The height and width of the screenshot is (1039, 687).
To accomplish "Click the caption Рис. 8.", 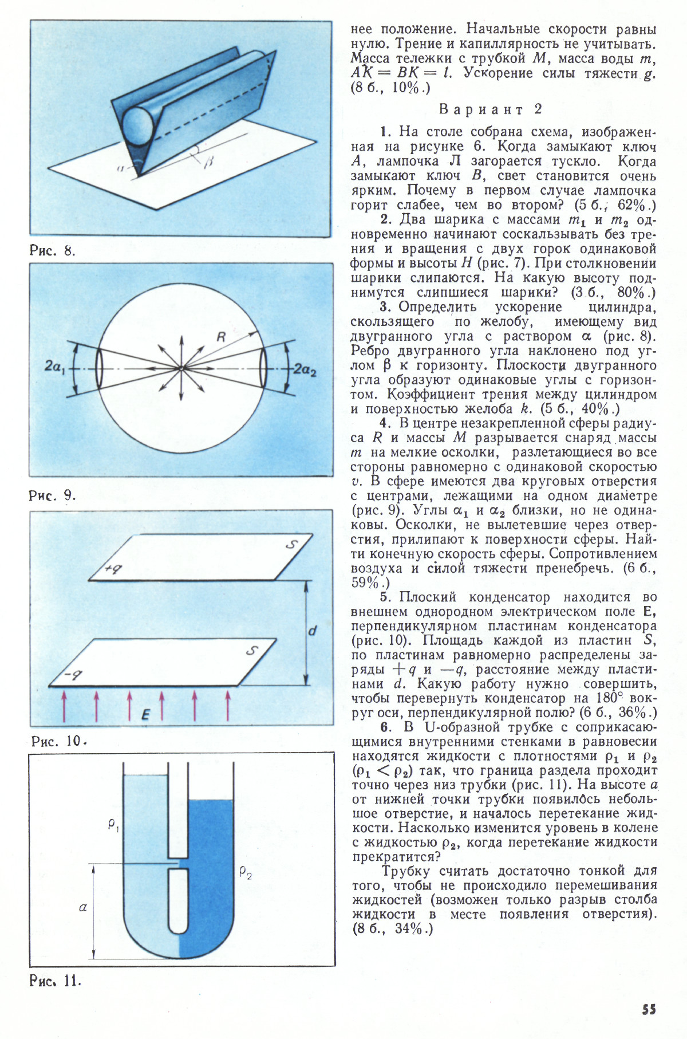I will (53, 250).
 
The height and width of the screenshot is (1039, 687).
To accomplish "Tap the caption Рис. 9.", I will (53, 495).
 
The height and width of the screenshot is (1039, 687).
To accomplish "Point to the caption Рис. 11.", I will (56, 981).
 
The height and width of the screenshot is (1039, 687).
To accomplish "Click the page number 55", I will (649, 1009).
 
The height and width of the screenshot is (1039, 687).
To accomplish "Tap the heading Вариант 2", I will (491, 109).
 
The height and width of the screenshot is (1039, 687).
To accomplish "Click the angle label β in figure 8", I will (208, 163).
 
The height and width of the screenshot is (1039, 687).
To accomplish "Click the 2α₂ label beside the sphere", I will (305, 370).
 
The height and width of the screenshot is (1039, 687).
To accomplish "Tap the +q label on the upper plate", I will (114, 568).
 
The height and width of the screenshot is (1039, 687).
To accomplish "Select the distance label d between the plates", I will (312, 631).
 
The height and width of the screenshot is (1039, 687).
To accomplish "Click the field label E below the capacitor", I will (146, 714).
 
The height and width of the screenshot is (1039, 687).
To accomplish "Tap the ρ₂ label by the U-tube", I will (246, 873).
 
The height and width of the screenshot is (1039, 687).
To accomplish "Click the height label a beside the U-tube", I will (83, 907).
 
